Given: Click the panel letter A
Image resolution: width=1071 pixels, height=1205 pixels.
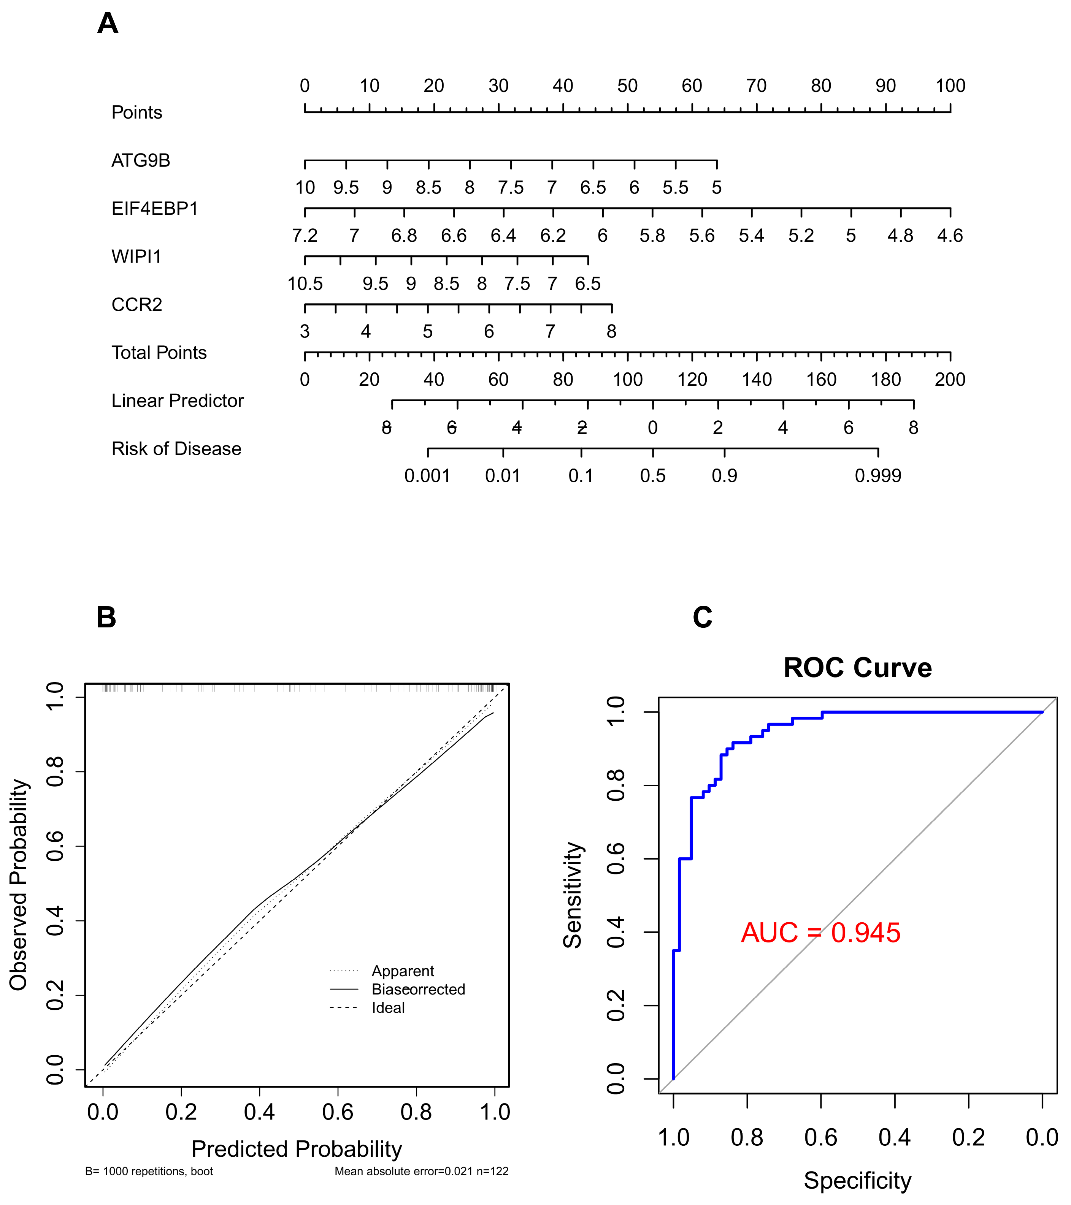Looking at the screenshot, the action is click(x=108, y=24).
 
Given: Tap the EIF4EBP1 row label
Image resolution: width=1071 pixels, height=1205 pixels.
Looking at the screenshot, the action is click(x=154, y=209).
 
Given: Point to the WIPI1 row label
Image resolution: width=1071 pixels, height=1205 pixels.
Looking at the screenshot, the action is click(x=136, y=257).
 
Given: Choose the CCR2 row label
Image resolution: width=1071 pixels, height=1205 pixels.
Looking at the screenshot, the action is click(x=137, y=305).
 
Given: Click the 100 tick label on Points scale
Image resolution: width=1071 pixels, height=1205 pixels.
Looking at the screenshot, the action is click(x=950, y=86).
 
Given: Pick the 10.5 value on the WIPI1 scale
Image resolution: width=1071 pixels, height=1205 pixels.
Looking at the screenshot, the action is click(x=305, y=284).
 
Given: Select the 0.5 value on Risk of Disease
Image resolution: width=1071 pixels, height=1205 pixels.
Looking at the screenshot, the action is click(x=653, y=476).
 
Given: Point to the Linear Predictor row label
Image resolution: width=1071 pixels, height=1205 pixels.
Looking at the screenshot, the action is click(x=178, y=401).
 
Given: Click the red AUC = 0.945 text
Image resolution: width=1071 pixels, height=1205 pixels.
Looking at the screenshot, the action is click(x=821, y=933).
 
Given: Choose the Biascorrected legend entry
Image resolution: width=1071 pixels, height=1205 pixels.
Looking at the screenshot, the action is click(x=418, y=989).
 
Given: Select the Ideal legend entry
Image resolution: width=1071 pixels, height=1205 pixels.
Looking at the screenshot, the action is click(x=388, y=1007).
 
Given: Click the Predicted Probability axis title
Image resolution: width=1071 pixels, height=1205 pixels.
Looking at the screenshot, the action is click(x=297, y=1149).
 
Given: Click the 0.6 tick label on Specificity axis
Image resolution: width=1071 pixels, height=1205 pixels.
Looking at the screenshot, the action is click(x=821, y=1138).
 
